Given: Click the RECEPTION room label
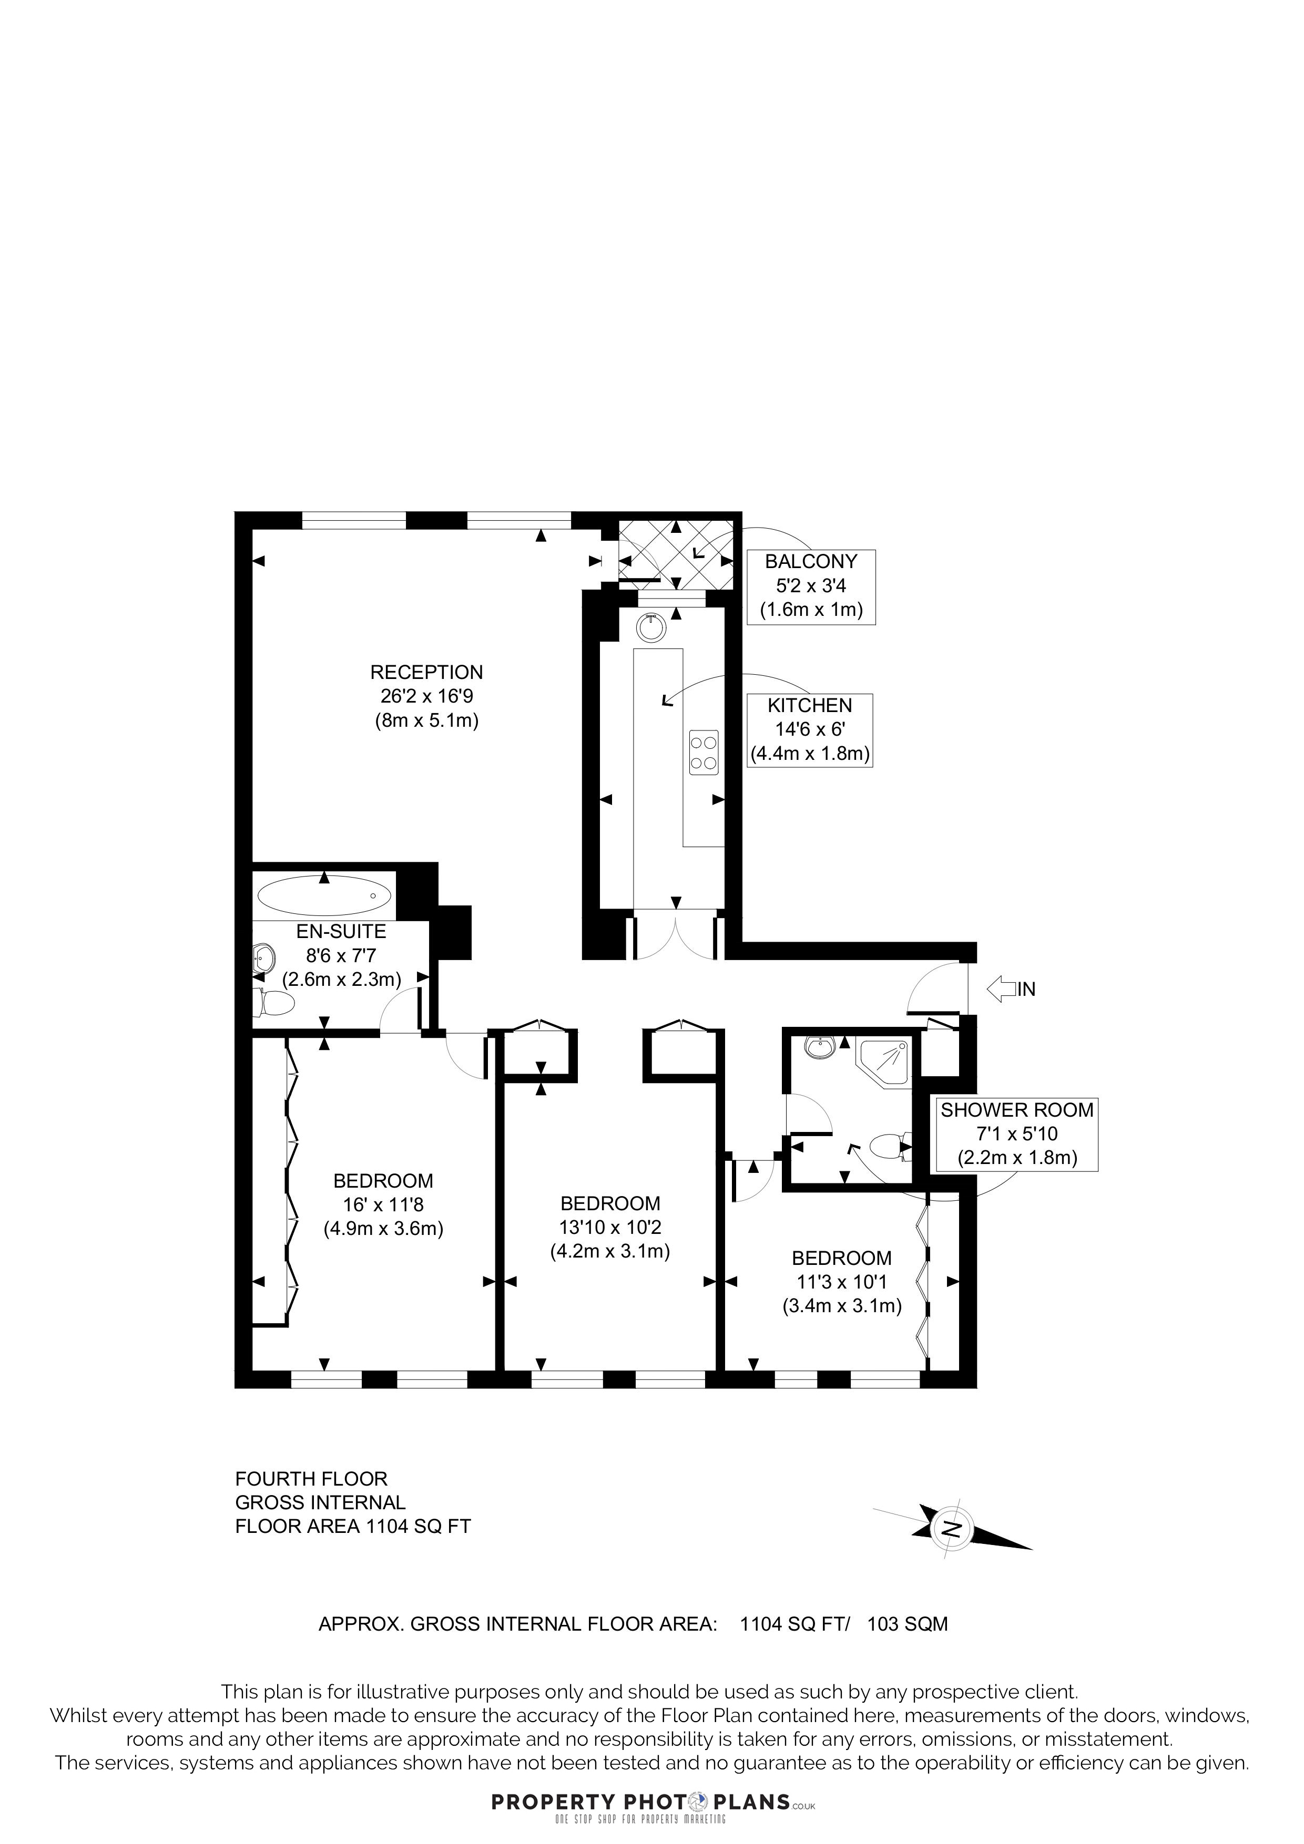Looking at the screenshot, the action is [x=426, y=696].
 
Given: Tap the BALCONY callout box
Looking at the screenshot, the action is [x=811, y=587].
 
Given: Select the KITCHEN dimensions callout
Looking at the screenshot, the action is [x=810, y=730].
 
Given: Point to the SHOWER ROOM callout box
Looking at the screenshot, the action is [x=1016, y=1134].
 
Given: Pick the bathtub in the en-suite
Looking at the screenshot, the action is [x=324, y=895].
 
